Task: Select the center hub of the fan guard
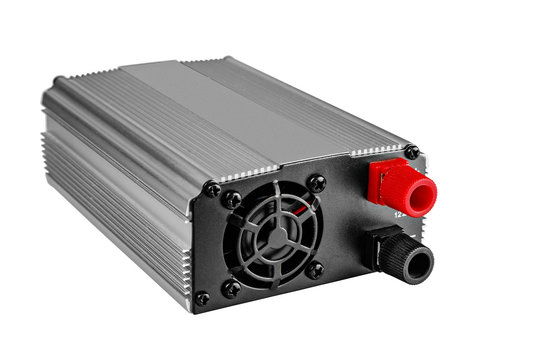(x=273, y=239)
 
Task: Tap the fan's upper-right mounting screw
(x=317, y=183)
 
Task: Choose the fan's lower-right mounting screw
(x=315, y=270)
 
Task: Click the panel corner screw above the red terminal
(x=411, y=152)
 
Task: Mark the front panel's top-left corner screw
(x=212, y=189)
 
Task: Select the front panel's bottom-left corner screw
(x=203, y=298)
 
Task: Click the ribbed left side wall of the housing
(x=110, y=200)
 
